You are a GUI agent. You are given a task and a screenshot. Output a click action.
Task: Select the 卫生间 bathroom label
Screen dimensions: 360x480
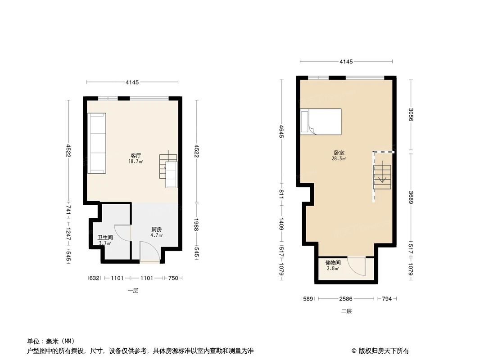[105, 238]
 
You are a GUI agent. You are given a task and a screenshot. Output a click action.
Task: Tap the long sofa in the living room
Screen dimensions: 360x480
[97, 143]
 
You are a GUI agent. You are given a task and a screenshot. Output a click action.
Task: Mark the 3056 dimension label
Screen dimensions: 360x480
[411, 114]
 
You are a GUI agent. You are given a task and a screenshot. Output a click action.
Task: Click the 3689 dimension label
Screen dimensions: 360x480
[411, 198]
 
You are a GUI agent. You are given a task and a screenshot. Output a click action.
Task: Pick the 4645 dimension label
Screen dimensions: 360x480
[281, 130]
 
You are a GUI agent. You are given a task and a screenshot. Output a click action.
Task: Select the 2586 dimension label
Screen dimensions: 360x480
[346, 298]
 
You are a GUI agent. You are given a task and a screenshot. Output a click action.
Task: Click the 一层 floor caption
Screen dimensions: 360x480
[132, 291]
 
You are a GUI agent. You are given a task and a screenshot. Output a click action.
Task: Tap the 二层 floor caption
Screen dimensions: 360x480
[346, 311]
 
